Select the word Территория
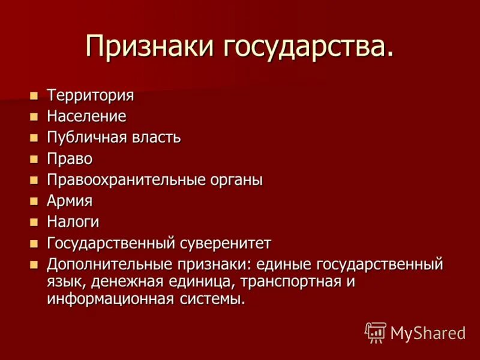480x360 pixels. click(91, 95)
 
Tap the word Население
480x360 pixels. click(87, 116)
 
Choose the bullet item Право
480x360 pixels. click(70, 159)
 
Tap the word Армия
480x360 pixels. click(70, 201)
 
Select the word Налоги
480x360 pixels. click(73, 222)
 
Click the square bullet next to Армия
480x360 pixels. click(34, 201)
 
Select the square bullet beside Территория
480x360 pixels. click(34, 95)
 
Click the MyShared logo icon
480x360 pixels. click(376, 332)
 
